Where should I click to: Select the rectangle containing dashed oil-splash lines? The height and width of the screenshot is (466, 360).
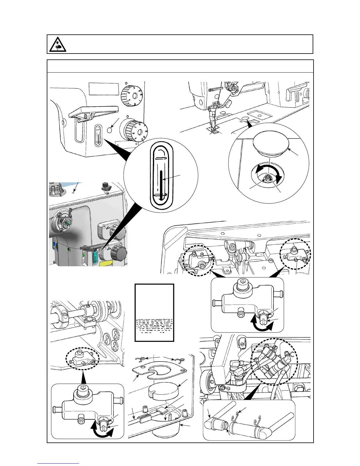point(154,312)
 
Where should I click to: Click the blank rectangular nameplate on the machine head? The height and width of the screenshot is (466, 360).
point(104,89)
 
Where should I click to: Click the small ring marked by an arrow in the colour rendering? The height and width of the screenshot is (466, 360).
point(73,193)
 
